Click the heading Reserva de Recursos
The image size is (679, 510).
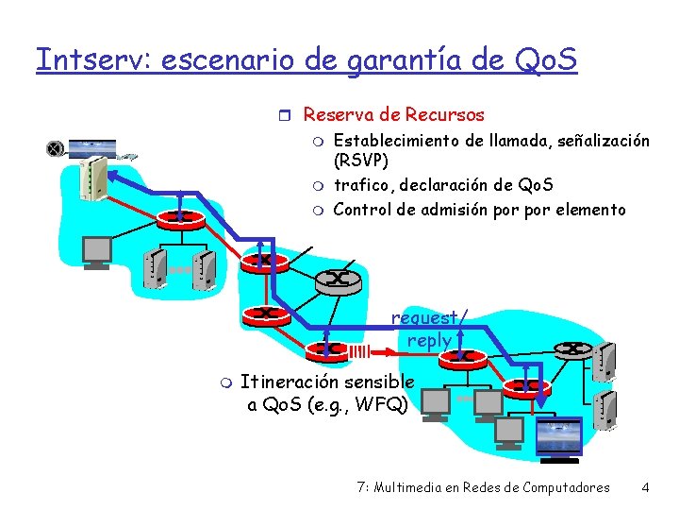pyautogui.click(x=393, y=115)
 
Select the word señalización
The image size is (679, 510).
pyautogui.click(x=600, y=141)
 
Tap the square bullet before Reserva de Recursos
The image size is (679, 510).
pyautogui.click(x=290, y=115)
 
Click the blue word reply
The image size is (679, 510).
pyautogui.click(x=429, y=340)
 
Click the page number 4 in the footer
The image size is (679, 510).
pyautogui.click(x=644, y=488)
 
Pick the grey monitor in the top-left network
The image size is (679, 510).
pyautogui.click(x=96, y=251)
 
